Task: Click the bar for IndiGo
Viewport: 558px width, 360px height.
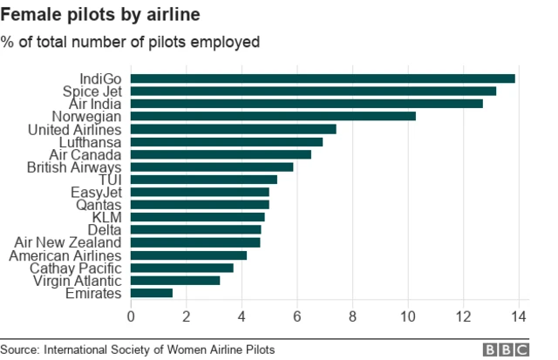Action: (x=323, y=78)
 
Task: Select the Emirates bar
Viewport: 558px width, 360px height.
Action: (x=152, y=294)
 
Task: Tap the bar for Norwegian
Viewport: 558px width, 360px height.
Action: (x=273, y=116)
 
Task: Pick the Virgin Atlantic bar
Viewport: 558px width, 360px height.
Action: (x=175, y=281)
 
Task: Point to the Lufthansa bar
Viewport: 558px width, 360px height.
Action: (x=227, y=141)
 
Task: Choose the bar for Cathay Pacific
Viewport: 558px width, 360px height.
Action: (x=182, y=268)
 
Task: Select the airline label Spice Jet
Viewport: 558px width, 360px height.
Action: (x=91, y=91)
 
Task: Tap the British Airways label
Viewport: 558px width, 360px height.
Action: (x=74, y=166)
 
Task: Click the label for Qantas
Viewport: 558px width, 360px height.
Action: (x=98, y=205)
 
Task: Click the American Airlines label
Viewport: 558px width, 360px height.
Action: (x=66, y=255)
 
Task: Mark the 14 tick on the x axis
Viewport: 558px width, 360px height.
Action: (x=520, y=316)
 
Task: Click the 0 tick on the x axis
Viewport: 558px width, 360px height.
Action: (x=132, y=316)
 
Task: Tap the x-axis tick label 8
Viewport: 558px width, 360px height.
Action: (x=353, y=316)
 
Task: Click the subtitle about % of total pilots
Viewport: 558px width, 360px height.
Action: (x=131, y=41)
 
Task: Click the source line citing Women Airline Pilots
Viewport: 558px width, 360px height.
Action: (x=138, y=349)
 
